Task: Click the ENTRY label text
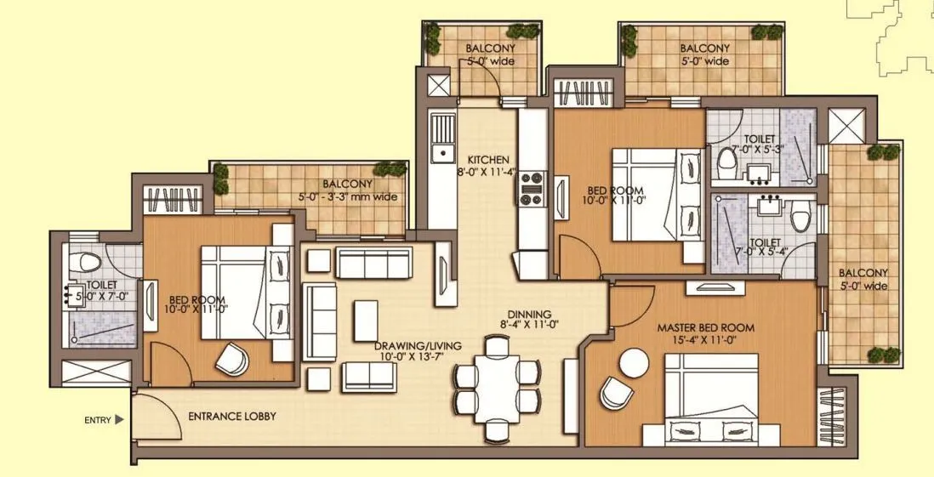(x=98, y=419)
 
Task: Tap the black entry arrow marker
(x=120, y=419)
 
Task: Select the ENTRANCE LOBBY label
(x=231, y=416)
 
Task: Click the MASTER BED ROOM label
(x=705, y=327)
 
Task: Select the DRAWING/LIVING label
(x=418, y=345)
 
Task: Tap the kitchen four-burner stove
(x=533, y=189)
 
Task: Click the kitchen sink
(x=442, y=153)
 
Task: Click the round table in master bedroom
(x=634, y=365)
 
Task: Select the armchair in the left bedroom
(x=231, y=360)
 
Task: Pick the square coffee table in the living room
(x=367, y=315)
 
